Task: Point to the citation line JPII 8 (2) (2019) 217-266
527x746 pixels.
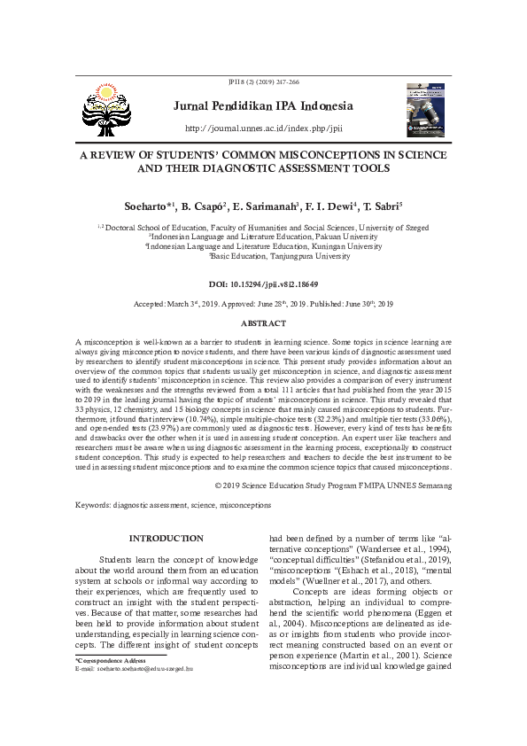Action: [x=263, y=82]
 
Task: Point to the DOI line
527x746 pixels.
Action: [x=263, y=284]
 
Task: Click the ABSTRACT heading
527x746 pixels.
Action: [x=263, y=323]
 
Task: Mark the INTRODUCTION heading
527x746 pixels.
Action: [x=166, y=538]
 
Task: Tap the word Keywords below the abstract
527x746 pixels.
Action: [x=93, y=504]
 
